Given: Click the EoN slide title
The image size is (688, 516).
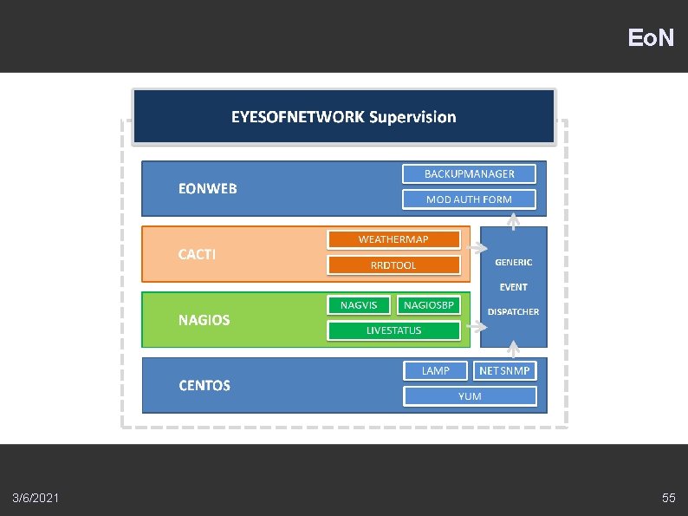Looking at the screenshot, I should [651, 38].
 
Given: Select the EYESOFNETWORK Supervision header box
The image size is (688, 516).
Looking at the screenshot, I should [343, 116].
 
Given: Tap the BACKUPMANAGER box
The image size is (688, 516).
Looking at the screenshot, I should [469, 174].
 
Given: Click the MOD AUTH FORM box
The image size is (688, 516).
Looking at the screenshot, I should [469, 199].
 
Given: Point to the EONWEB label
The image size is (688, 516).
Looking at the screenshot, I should [207, 188].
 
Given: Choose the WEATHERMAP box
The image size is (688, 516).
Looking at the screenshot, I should [393, 239].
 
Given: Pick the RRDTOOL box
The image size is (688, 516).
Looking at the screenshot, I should [393, 265].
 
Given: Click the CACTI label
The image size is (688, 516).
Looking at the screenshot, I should [197, 254].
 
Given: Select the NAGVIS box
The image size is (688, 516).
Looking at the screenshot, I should [358, 305].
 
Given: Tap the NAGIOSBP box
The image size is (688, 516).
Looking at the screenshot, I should [428, 305].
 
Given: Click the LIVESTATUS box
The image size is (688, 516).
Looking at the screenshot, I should [393, 330].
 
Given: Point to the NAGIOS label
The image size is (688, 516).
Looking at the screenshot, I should [204, 320].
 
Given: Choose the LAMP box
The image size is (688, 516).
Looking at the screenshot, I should [436, 371].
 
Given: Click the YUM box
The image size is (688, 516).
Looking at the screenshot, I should [470, 396].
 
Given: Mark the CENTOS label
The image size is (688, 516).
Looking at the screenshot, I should [204, 385].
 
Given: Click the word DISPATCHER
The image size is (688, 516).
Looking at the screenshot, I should [513, 312].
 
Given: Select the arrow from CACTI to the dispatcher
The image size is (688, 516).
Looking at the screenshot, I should [476, 249].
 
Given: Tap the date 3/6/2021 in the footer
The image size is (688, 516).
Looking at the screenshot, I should [36, 498].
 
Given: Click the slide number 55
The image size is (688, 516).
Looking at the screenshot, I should [668, 498].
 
